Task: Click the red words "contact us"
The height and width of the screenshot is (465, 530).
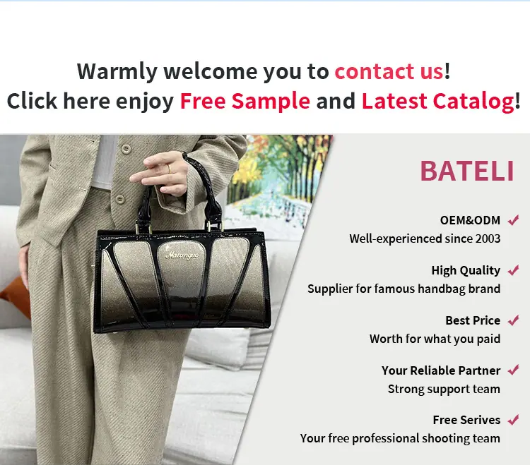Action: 389,71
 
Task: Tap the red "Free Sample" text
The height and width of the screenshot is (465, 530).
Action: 245,101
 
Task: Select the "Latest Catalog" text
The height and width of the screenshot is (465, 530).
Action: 438,102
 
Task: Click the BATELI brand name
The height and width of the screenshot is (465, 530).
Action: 467,171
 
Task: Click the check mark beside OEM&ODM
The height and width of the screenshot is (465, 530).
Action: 513,220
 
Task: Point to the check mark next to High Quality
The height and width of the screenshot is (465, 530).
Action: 513,270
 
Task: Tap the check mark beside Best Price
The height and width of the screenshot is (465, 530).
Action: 513,320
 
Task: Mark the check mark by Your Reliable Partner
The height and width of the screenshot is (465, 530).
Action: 513,370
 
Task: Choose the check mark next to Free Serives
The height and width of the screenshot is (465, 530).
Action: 513,420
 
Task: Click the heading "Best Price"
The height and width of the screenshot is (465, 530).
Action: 473,320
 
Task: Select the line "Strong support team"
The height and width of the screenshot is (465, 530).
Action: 444,389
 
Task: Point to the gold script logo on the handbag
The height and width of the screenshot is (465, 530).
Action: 182,255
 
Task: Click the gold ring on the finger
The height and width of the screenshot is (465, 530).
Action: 169,169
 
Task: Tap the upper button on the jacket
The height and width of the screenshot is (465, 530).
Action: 126,148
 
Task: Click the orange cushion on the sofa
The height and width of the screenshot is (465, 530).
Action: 16,298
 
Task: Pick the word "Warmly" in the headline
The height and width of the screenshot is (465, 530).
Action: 117,72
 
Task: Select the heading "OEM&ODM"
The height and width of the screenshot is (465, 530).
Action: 470,220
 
